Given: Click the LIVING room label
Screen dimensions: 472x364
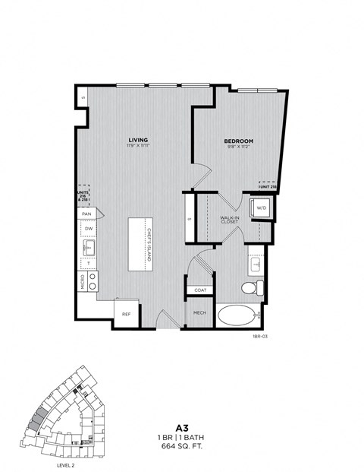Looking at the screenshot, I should point(138,140).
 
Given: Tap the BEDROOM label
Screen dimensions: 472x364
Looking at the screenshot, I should point(237,141).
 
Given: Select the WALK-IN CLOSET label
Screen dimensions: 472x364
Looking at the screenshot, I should point(230,219).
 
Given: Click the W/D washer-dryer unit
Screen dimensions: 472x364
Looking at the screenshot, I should point(261,206).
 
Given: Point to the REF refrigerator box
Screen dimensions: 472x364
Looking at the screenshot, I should point(126,312).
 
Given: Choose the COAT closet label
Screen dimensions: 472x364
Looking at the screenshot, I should point(200,289).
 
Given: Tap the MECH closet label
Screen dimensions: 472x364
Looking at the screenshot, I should point(200,312).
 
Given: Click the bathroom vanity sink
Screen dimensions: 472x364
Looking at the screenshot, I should point(256,264).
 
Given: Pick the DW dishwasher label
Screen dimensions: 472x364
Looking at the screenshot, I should point(89,228).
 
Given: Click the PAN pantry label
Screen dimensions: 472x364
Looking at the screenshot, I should point(88,214).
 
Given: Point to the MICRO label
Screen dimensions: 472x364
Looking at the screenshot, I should point(83,282).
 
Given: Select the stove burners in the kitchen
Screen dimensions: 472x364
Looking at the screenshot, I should point(93,282).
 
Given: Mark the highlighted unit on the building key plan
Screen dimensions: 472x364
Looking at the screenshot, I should point(39,417).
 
